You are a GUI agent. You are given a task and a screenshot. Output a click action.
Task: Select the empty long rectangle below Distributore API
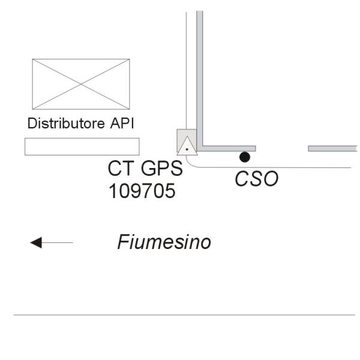pyautogui.click(x=82, y=146)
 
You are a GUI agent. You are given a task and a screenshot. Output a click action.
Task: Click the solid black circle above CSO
pyautogui.click(x=244, y=157)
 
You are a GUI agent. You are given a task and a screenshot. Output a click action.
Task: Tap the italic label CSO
pyautogui.click(x=256, y=179)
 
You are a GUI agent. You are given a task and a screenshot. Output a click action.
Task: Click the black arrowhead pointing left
pyautogui.click(x=36, y=242)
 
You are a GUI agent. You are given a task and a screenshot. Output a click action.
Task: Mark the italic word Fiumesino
pyautogui.click(x=164, y=242)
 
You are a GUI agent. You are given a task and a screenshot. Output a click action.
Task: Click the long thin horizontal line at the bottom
pyautogui.click(x=184, y=314)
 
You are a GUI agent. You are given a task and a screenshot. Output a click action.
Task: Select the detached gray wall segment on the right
pyautogui.click(x=333, y=148)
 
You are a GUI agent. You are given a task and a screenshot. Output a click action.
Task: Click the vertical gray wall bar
pyautogui.click(x=200, y=78)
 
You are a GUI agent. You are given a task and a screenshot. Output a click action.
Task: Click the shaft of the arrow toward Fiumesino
pyautogui.click(x=58, y=242)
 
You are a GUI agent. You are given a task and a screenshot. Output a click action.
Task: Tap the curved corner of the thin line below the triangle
pyautogui.click(x=191, y=164)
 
